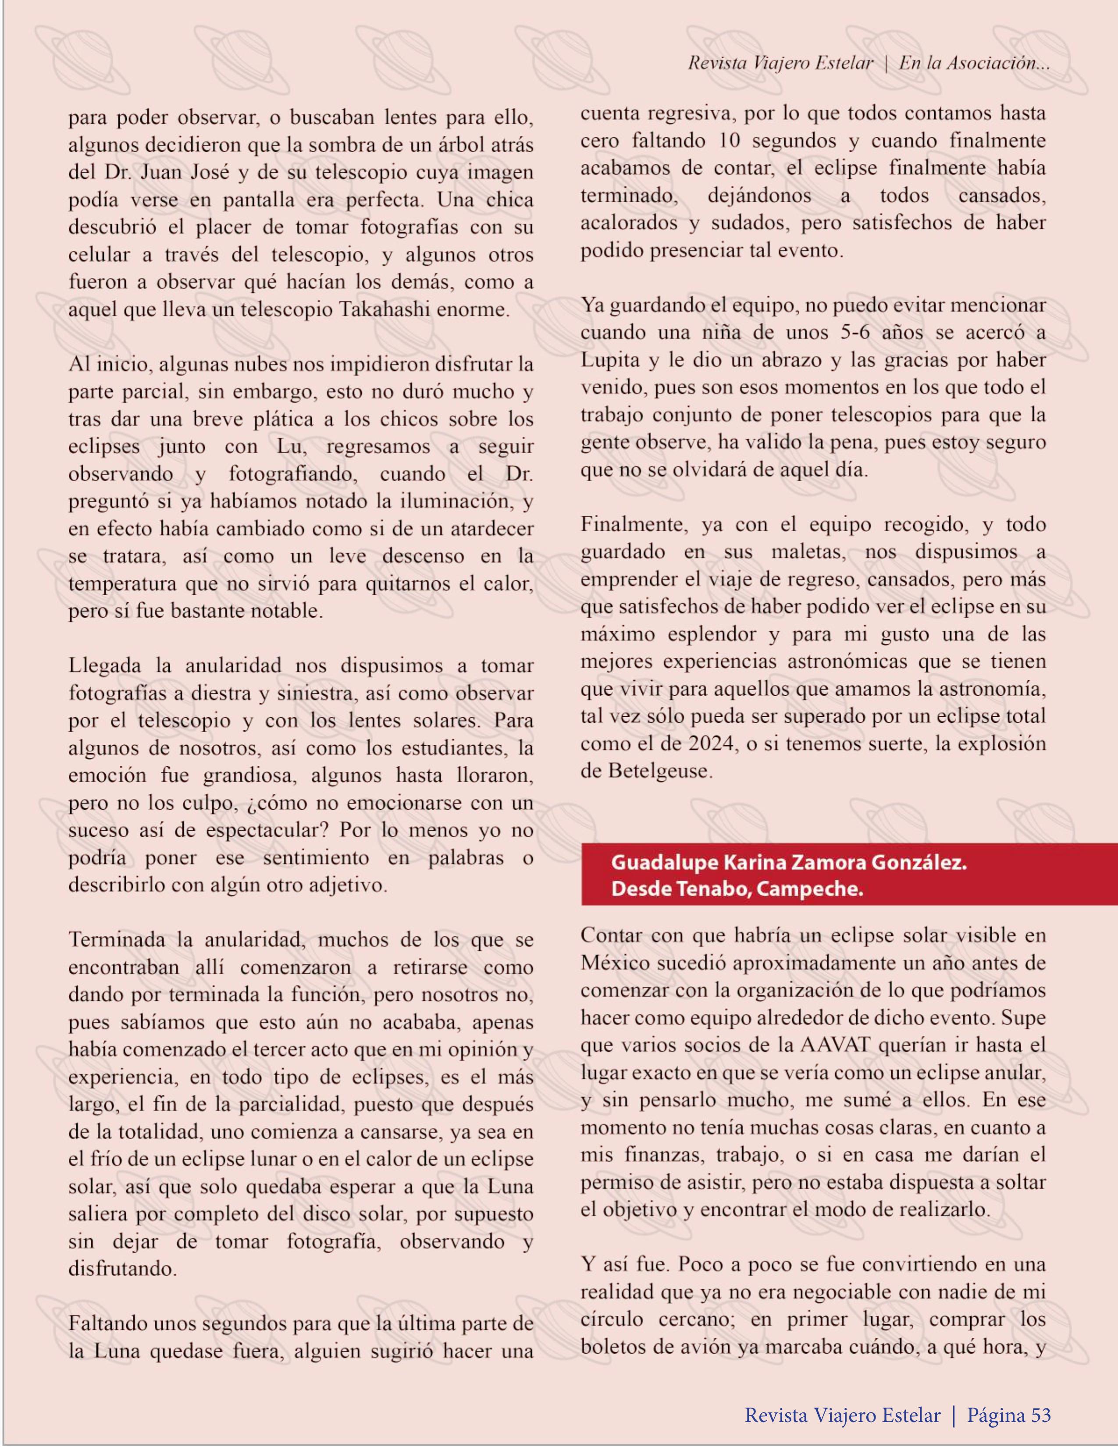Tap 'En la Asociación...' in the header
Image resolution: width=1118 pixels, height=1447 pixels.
click(x=974, y=63)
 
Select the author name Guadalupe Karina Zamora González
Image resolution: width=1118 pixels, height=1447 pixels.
click(x=789, y=863)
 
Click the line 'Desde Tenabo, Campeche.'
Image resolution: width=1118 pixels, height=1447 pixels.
click(x=737, y=889)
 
